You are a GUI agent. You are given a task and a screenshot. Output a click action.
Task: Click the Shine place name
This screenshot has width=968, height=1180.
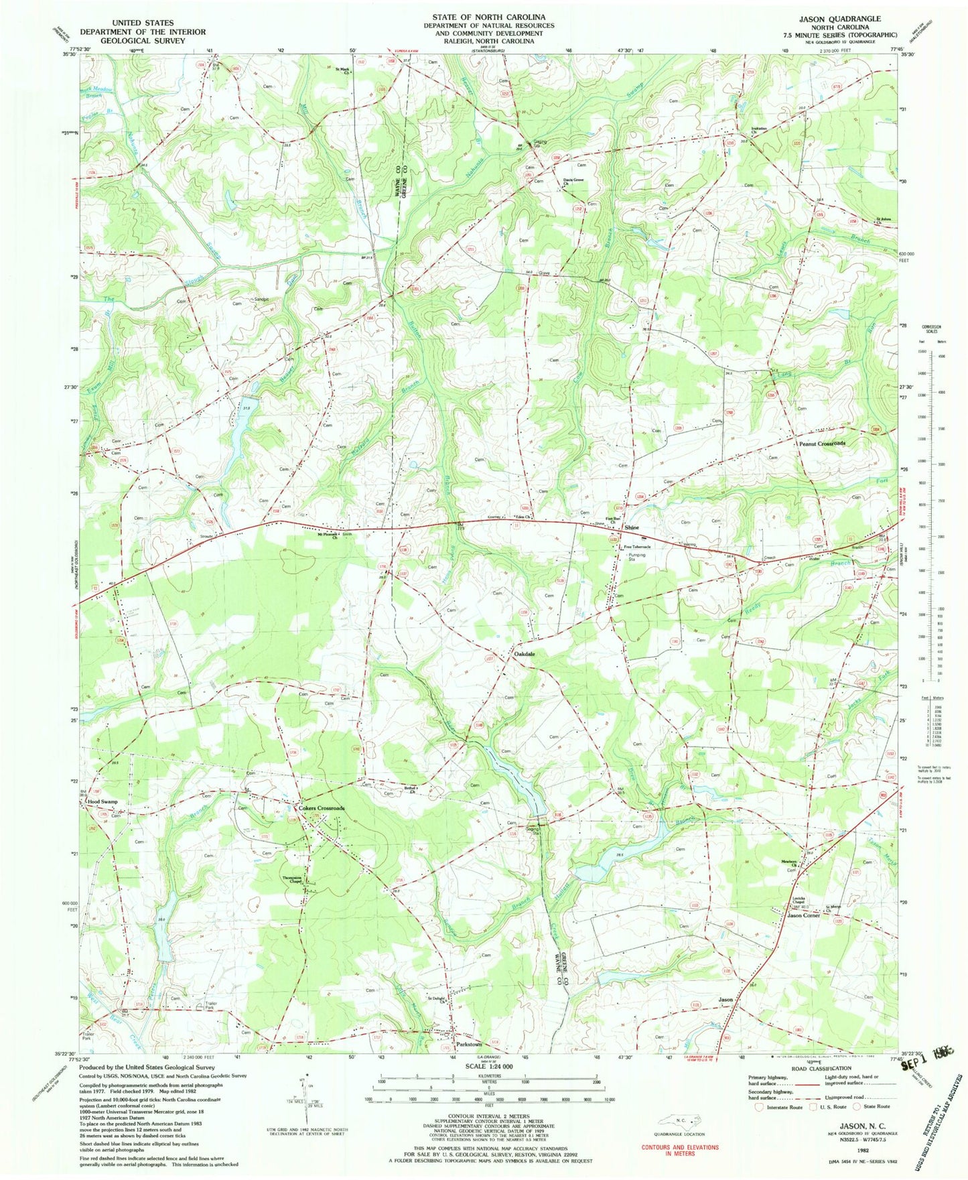632,528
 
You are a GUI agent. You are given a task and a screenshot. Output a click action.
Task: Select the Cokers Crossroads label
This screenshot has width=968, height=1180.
322,808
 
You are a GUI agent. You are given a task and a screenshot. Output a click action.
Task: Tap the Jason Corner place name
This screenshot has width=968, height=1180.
803,915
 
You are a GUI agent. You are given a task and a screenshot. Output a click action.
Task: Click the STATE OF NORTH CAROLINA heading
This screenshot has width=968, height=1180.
488,17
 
